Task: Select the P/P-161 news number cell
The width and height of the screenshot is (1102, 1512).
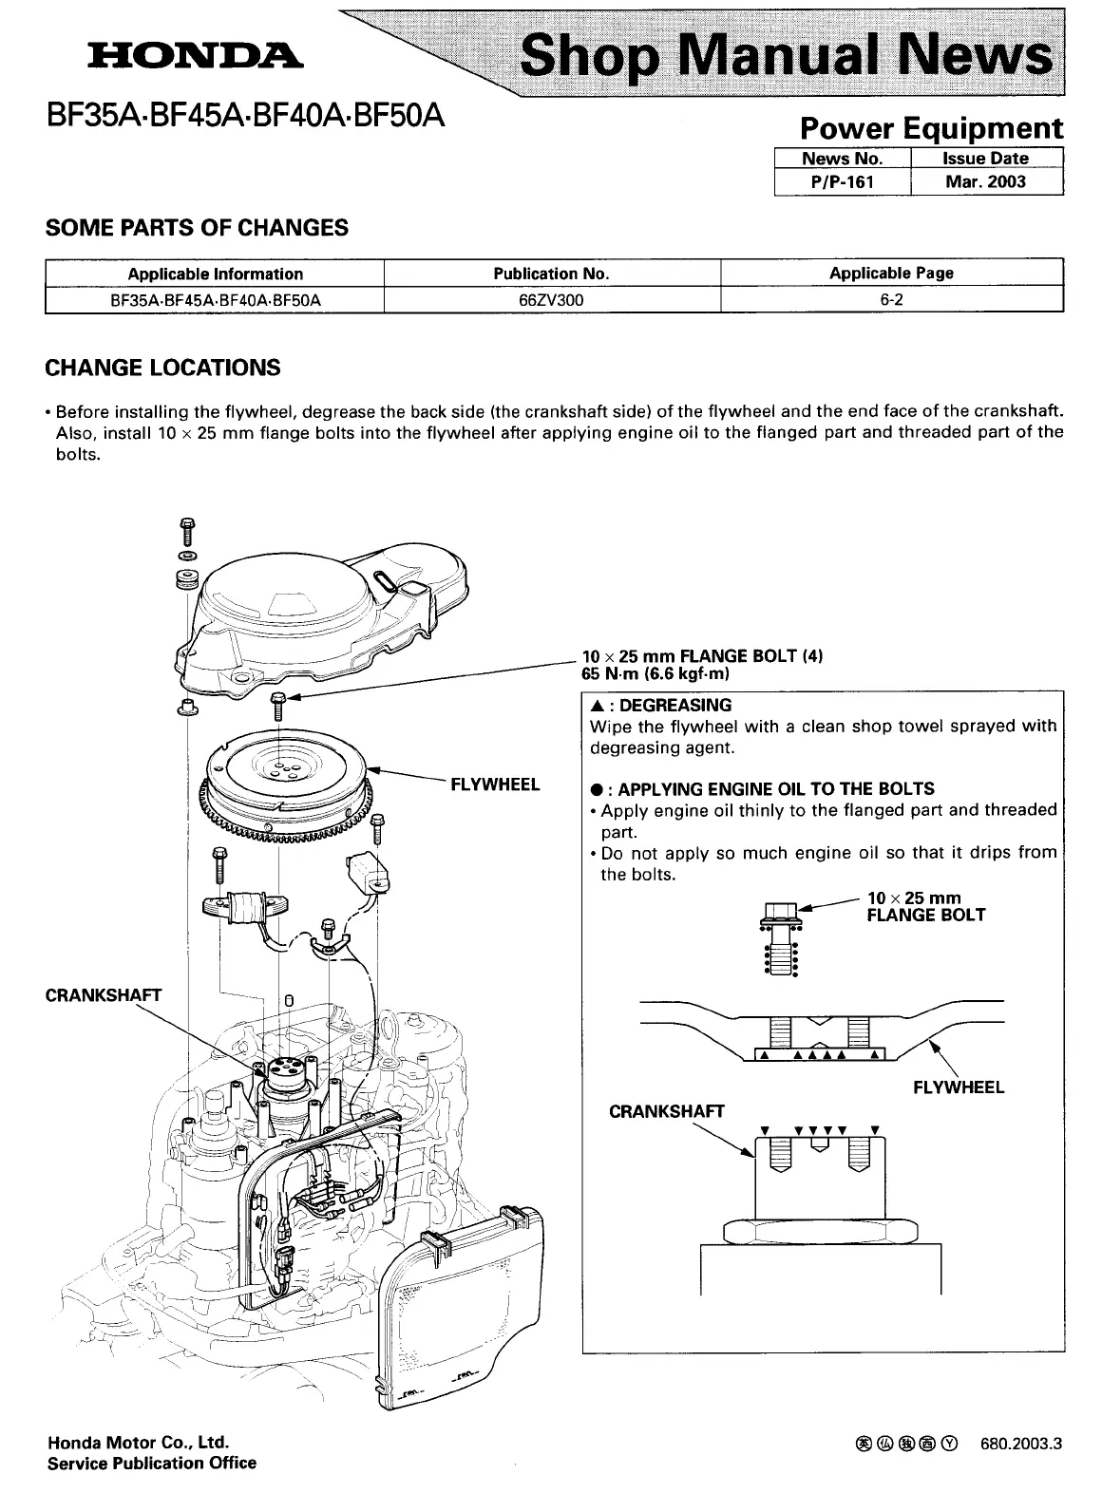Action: pos(842,181)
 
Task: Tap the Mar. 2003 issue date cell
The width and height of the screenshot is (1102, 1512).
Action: pos(985,181)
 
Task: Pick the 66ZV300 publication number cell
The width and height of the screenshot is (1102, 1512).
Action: pos(551,300)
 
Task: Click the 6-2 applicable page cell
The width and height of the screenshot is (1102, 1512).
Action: pos(890,300)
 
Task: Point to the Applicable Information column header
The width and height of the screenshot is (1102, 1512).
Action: pos(215,274)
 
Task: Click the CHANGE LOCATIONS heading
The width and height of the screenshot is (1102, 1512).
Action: pos(162,368)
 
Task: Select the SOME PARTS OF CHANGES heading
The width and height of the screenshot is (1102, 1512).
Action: pos(197,228)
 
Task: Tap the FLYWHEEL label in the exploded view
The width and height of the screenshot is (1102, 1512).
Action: pos(494,784)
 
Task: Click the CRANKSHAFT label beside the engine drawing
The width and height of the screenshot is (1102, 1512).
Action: pos(104,995)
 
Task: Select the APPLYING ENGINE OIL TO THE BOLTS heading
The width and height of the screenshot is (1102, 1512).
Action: pos(775,789)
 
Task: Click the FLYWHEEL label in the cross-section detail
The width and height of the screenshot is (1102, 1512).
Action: pos(958,1087)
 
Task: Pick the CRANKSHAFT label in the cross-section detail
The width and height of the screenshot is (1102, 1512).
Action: pos(666,1111)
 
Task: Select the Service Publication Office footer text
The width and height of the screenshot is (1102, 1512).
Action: pos(152,1464)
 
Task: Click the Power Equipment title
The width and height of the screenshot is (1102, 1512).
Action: pos(930,128)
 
